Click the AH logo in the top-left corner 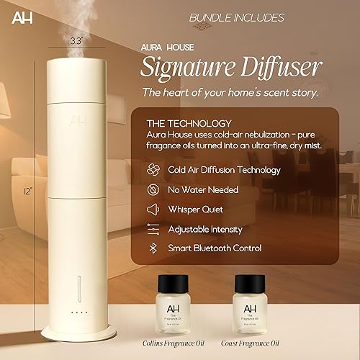coord(17,16)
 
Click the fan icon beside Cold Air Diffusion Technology coord(152,170)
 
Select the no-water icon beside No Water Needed coord(152,189)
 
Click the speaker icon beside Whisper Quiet coord(152,209)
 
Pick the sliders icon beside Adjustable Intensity coord(152,228)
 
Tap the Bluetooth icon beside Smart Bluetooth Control coord(152,248)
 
